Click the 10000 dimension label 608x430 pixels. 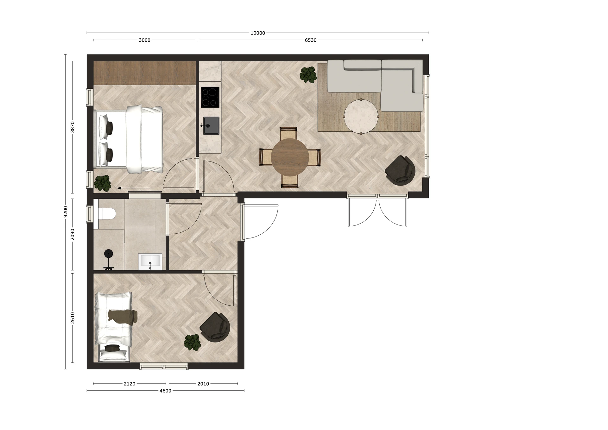(x=258, y=33)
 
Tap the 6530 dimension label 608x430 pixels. (x=311, y=40)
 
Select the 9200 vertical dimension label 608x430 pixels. (x=66, y=212)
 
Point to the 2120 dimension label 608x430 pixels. (x=130, y=384)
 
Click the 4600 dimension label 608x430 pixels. (x=165, y=391)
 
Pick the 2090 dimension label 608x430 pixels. (x=73, y=235)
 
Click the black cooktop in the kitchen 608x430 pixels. (x=210, y=97)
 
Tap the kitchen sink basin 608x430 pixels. (x=211, y=126)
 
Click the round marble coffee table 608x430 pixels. (x=361, y=116)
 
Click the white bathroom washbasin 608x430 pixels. (x=150, y=262)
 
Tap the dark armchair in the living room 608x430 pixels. (x=400, y=170)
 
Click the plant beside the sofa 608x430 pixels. (x=308, y=75)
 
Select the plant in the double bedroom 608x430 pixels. (x=103, y=183)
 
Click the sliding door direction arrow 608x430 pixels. (x=134, y=188)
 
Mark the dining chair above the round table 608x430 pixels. (x=288, y=133)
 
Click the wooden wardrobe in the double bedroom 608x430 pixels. (x=145, y=73)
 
